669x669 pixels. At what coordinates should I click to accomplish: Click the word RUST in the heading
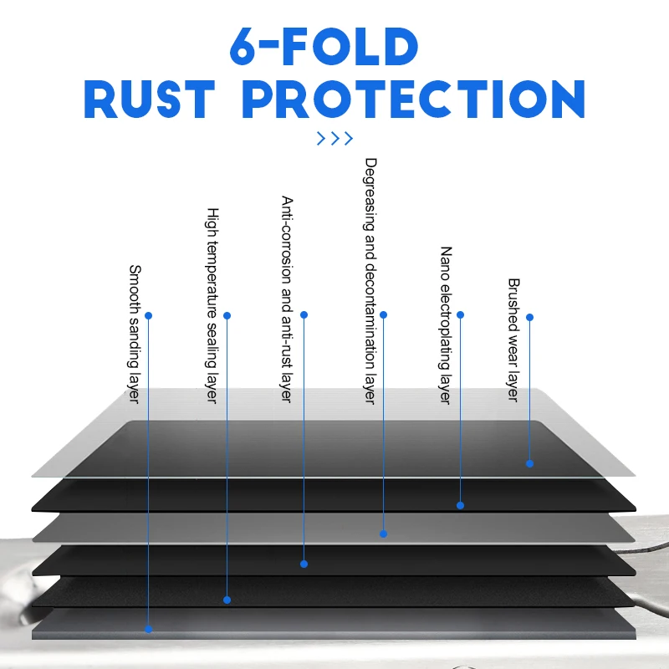(150, 100)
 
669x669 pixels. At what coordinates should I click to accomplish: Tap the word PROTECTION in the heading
(413, 100)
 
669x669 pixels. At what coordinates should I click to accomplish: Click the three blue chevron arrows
(334, 139)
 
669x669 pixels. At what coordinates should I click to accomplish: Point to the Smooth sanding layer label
(134, 333)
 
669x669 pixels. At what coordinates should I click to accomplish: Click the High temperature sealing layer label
(212, 305)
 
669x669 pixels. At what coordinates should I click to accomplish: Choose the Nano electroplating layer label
(446, 324)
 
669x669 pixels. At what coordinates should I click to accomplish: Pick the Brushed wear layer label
(513, 340)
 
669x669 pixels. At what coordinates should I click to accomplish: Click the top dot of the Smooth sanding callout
(149, 316)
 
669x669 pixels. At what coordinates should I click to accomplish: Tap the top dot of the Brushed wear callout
(529, 318)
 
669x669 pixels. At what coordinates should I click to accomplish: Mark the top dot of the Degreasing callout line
(384, 315)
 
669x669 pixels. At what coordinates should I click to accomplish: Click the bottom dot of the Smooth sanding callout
(149, 629)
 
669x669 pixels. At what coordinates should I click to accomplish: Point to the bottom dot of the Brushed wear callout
(529, 462)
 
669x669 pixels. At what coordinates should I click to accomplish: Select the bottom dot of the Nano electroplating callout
(460, 505)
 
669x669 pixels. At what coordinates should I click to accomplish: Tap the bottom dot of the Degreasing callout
(384, 534)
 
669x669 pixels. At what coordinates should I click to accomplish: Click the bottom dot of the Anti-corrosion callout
(304, 564)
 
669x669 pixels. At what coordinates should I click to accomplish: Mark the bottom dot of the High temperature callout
(227, 600)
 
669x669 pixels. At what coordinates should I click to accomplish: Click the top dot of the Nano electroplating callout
(460, 315)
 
